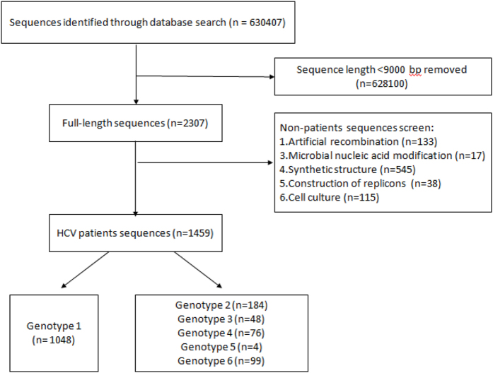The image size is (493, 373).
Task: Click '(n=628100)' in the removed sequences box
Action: point(383,83)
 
